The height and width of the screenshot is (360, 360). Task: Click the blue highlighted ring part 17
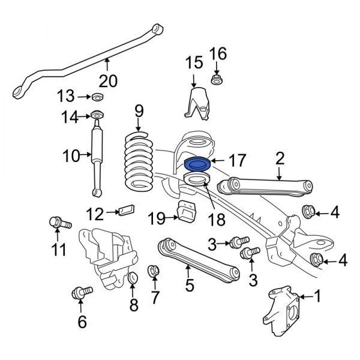coord(196,164)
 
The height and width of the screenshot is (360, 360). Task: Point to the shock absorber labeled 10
coord(96,157)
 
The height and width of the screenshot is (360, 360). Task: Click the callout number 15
coord(193,62)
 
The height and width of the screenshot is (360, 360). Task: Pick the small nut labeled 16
coord(217,79)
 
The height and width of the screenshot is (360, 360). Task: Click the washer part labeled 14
coord(96,115)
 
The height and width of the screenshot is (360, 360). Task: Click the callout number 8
coord(133,305)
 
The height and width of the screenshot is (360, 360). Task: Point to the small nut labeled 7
coord(154,271)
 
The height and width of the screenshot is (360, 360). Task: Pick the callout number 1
coord(318,296)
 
